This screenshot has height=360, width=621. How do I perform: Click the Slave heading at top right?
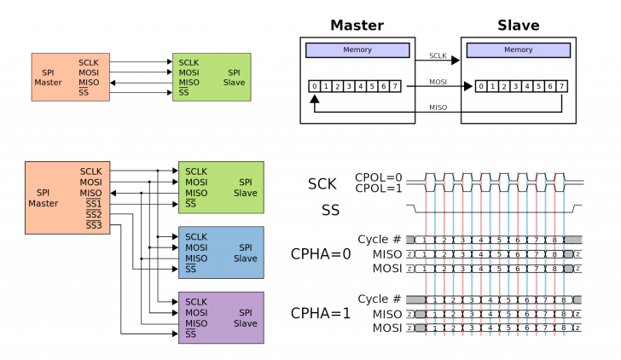coord(518,25)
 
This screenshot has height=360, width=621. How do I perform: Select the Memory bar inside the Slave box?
coord(518,50)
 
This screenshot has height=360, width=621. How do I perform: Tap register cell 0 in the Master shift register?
coord(315,86)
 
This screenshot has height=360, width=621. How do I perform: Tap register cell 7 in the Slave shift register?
coord(560,86)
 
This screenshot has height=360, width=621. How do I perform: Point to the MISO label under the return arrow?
coord(438,107)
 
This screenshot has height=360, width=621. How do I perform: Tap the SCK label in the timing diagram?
coord(323,183)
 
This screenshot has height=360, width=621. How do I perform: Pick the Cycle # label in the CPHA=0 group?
coord(379,240)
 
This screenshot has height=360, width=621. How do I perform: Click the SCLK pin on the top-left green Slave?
coord(195,62)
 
